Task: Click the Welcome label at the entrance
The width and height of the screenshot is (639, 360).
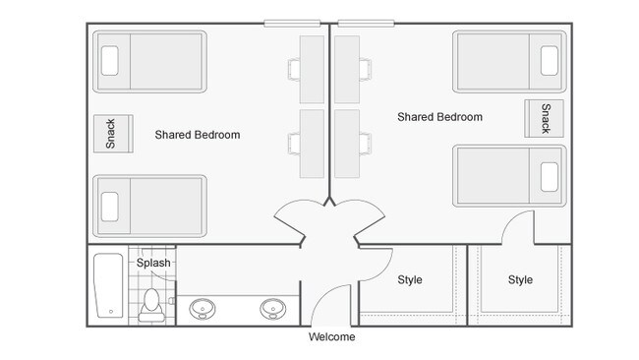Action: (331, 337)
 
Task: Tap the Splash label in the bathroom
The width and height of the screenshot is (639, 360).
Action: (153, 263)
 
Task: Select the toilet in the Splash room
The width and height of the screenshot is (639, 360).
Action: (151, 304)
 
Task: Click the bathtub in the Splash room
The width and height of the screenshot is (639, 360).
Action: (105, 286)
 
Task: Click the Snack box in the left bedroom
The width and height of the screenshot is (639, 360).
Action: (111, 133)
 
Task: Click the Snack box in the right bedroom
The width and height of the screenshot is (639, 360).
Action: (544, 119)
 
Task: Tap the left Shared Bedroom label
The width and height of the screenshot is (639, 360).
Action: (197, 135)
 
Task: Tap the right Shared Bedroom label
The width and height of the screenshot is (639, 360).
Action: (439, 117)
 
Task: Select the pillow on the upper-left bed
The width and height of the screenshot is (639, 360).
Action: (111, 61)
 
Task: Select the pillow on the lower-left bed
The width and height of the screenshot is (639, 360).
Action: (111, 204)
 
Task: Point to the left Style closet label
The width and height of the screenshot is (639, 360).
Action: (409, 280)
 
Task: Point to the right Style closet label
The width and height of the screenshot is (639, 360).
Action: (520, 280)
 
